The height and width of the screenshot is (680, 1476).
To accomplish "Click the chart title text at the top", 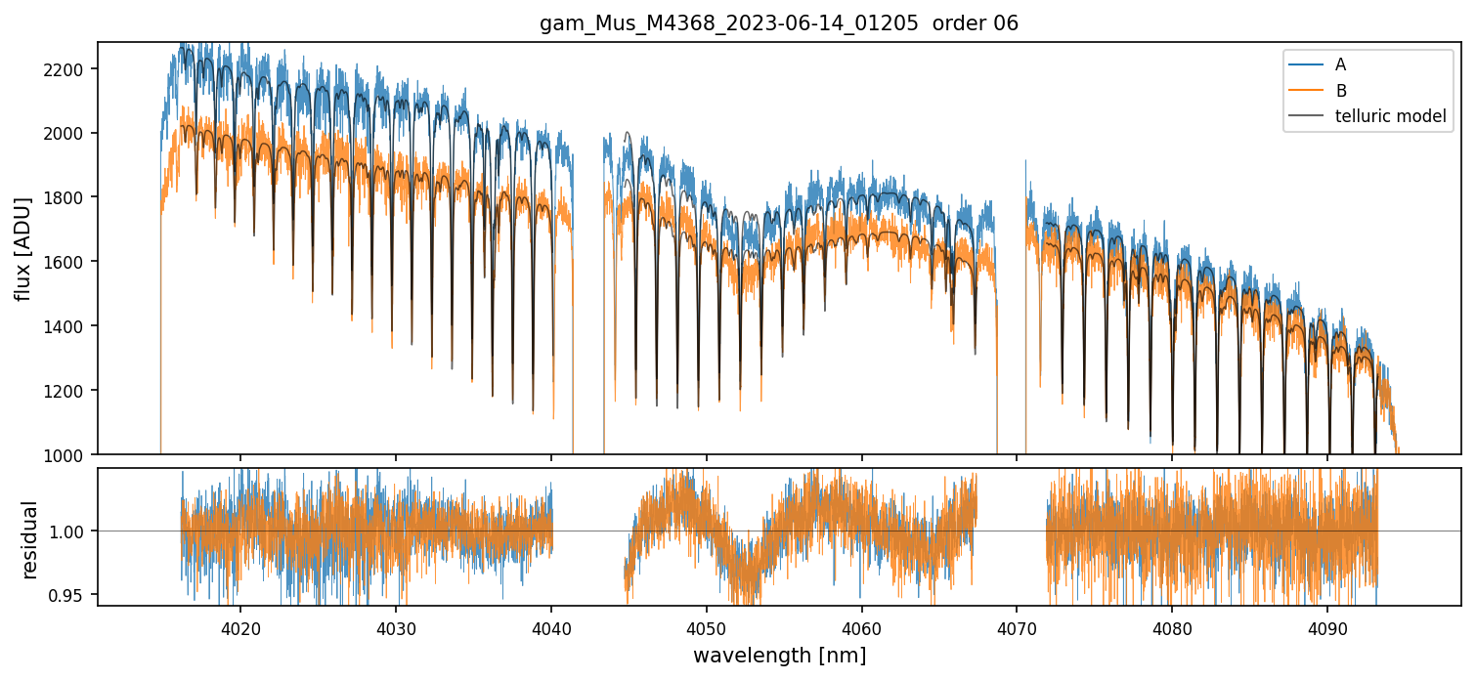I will click(779, 23).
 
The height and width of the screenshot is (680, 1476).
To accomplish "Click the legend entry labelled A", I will click(1340, 64).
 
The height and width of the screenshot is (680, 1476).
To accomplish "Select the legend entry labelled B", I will click(1340, 91).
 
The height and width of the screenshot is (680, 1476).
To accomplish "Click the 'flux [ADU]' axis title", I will click(22, 248).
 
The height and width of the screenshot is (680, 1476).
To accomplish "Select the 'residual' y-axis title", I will click(30, 538).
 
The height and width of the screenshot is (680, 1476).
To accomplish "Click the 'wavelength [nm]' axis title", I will click(779, 656).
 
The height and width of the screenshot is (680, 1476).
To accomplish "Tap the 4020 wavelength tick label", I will click(240, 627).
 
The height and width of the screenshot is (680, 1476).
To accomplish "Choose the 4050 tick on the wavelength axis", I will click(706, 627).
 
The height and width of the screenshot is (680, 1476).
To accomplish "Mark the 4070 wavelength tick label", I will click(1017, 627).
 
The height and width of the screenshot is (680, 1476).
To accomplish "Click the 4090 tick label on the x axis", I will click(1327, 627).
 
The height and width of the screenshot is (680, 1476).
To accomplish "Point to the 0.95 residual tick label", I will click(73, 595).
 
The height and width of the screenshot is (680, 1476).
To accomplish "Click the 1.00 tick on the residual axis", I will click(73, 531).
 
